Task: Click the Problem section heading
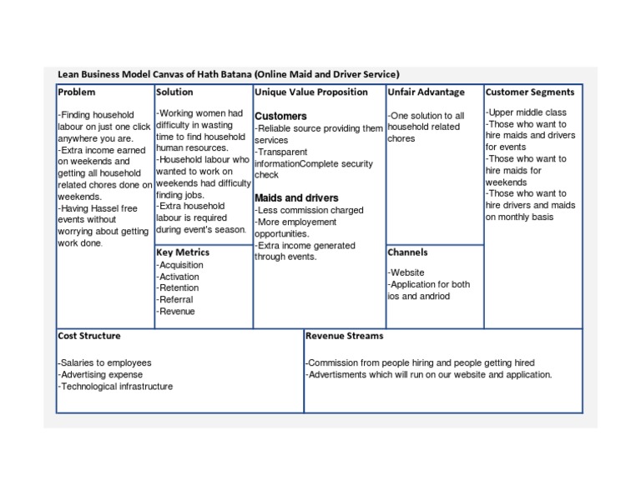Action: click(x=77, y=92)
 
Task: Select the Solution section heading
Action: click(x=174, y=92)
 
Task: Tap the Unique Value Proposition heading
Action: click(x=310, y=92)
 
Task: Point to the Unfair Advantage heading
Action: click(x=426, y=92)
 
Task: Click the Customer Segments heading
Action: click(x=529, y=92)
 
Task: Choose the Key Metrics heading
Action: click(x=182, y=252)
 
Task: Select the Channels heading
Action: click(x=407, y=252)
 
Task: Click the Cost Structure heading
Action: click(x=88, y=336)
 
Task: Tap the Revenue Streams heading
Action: click(x=344, y=336)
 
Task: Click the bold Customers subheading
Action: click(x=280, y=116)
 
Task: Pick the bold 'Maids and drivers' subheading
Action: click(x=296, y=198)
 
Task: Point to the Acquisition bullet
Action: click(x=179, y=265)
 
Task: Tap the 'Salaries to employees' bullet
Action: click(x=104, y=363)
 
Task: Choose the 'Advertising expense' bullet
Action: click(x=102, y=375)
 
